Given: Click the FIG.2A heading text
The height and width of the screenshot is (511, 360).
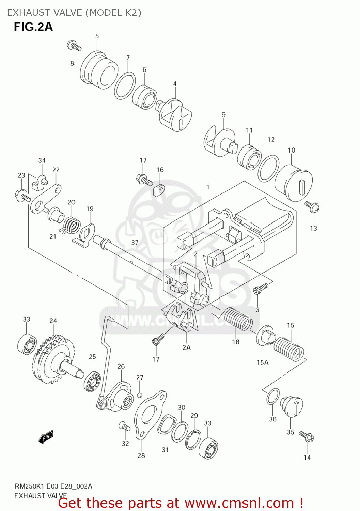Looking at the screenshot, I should pos(33,27).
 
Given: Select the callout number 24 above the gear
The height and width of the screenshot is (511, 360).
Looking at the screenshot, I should pos(53,321).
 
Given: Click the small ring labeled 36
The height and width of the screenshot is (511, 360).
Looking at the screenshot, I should pos(273,396).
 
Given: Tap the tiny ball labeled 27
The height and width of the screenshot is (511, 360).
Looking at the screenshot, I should pos(139,395).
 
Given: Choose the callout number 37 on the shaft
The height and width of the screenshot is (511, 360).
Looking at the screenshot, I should pos(135,243).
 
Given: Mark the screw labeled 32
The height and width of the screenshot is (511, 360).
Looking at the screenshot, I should pos(124,426).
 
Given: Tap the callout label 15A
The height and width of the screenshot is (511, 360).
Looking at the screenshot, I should pos(262,362).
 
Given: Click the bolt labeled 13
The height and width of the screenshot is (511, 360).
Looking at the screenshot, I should pos(312,206).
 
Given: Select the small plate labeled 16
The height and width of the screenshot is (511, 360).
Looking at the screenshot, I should pos(159,190).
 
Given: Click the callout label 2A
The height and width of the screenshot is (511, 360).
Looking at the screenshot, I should pos(186,347).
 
